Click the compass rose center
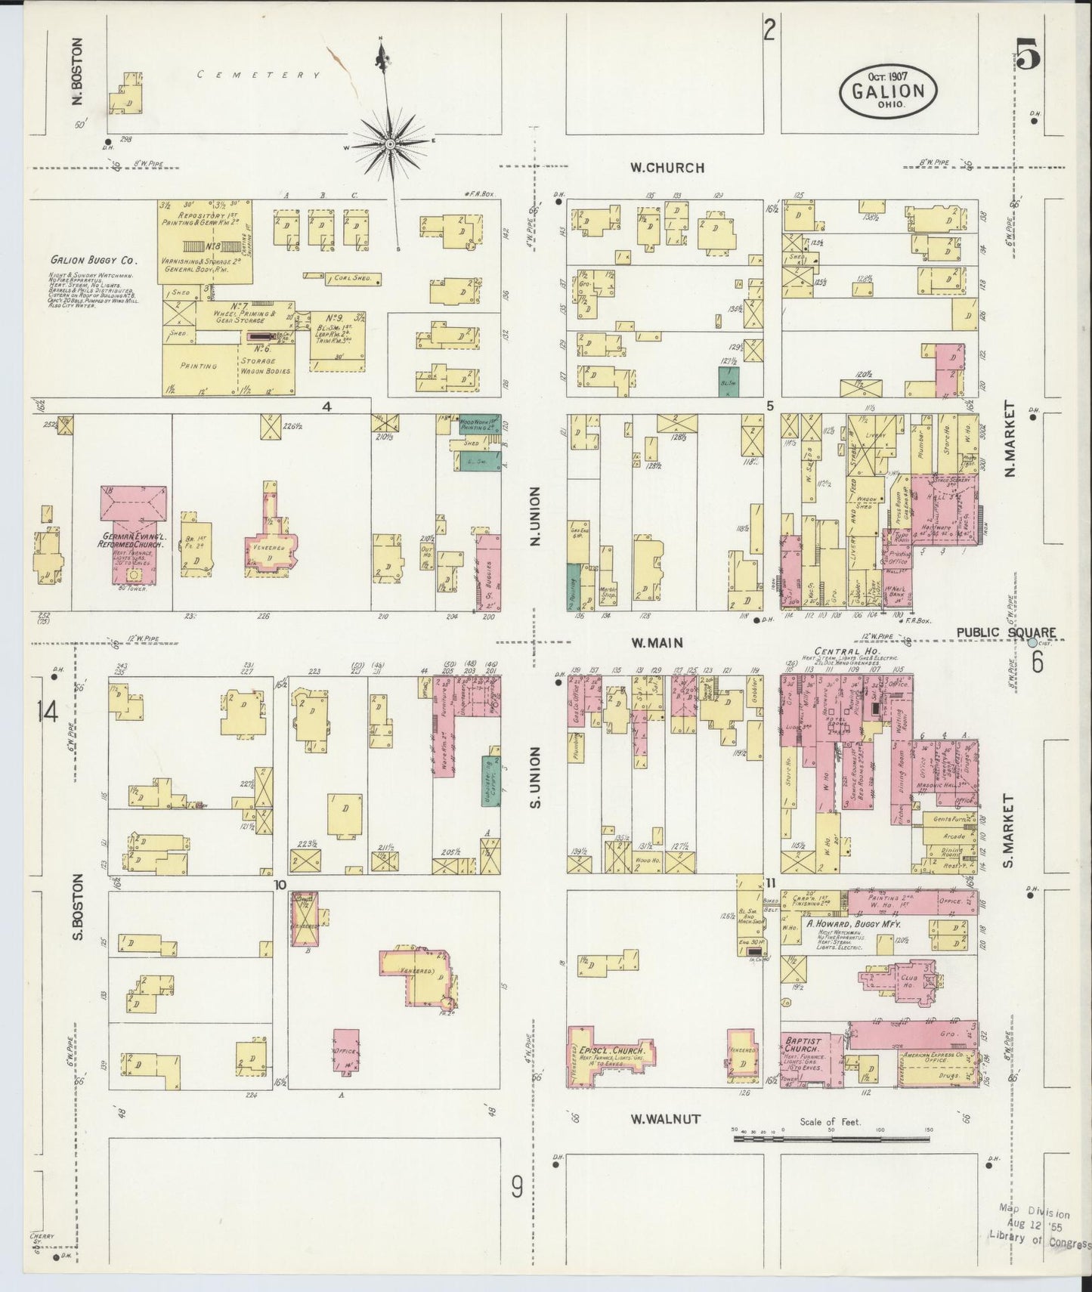point(389,143)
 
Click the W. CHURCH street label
point(668,168)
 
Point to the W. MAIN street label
point(657,643)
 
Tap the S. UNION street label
point(535,777)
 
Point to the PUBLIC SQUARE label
point(1005,632)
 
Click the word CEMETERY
point(258,75)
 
